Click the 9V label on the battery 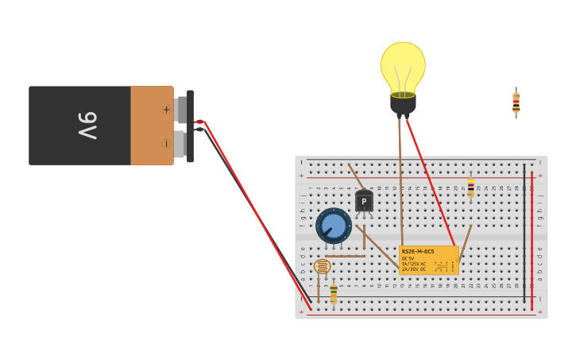(87, 126)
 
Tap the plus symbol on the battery (166, 110)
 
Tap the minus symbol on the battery (166, 144)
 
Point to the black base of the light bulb (403, 104)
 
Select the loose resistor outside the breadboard (516, 103)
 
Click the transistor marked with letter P (364, 201)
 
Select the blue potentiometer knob (334, 226)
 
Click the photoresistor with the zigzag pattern (322, 267)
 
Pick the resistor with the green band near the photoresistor (334, 293)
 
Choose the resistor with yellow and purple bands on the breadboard (470, 188)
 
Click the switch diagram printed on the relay (443, 265)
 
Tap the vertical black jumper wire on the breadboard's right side (524, 230)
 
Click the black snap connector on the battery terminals (190, 126)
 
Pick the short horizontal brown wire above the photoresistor (344, 256)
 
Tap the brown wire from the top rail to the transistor (354, 176)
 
